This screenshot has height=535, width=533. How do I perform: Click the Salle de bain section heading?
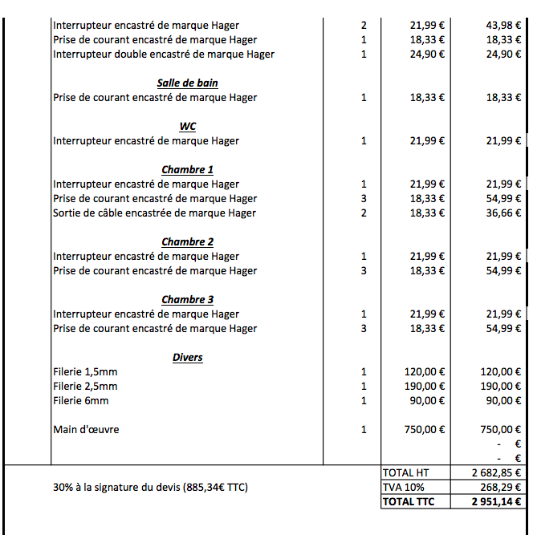(x=187, y=83)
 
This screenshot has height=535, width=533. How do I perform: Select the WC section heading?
(x=187, y=126)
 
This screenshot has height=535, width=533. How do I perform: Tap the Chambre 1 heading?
(x=187, y=169)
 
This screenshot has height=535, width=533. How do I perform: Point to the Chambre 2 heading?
(x=187, y=241)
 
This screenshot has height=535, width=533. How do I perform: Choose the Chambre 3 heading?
(x=187, y=299)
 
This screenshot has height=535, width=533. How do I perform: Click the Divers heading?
(x=187, y=357)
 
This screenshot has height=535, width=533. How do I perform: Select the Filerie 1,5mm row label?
(x=85, y=371)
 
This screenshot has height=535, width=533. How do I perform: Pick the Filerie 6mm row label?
(x=81, y=400)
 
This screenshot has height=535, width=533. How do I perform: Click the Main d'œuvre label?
(x=86, y=429)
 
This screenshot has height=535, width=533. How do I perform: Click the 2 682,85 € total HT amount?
(x=497, y=472)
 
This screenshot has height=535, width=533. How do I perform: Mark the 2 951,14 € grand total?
(x=497, y=501)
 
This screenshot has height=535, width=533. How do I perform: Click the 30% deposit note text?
(x=150, y=487)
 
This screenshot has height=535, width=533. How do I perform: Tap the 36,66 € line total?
(x=504, y=213)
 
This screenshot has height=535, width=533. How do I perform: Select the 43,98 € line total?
(x=504, y=26)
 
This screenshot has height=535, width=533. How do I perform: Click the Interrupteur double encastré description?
(x=164, y=55)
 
